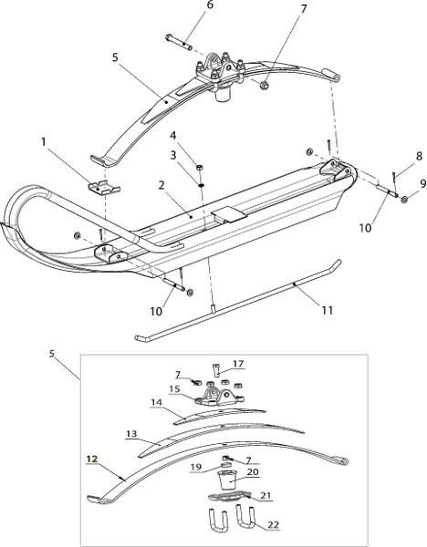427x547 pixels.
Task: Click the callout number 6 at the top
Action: click(x=210, y=6)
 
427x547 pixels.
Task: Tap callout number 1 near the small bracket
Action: click(x=44, y=141)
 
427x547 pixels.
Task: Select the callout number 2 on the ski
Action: click(x=161, y=185)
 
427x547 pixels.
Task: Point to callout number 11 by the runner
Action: click(x=328, y=310)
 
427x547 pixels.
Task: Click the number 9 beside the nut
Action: click(x=423, y=183)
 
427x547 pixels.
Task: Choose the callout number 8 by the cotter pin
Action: click(x=419, y=156)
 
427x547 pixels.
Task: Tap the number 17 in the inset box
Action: click(x=238, y=364)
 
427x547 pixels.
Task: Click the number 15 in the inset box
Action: click(x=174, y=388)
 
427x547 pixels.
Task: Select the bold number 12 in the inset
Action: click(x=92, y=459)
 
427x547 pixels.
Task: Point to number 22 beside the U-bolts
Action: click(x=274, y=524)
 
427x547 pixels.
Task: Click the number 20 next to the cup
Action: click(x=253, y=472)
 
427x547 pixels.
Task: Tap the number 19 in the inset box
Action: click(x=196, y=467)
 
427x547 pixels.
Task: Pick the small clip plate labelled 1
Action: click(x=103, y=187)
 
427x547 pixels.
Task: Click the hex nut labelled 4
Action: click(x=200, y=167)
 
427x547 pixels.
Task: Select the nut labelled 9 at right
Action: click(x=404, y=199)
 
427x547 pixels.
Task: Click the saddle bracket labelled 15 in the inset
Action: click(x=219, y=397)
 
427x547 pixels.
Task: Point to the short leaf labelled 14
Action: click(x=220, y=415)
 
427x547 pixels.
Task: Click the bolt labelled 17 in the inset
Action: click(x=215, y=369)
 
